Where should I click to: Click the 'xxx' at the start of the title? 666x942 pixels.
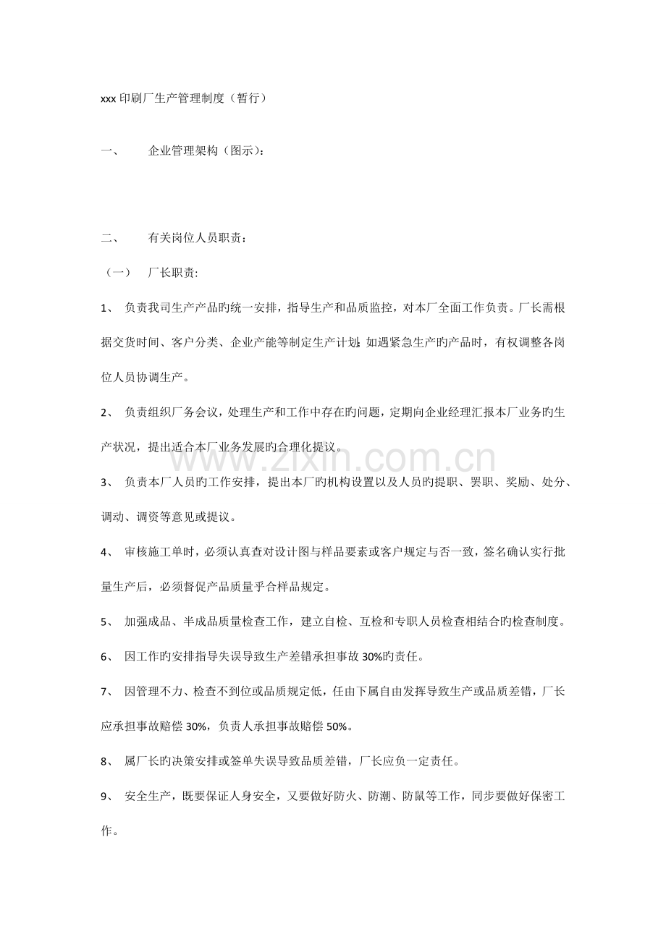[x=108, y=99]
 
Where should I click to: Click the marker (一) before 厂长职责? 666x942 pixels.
[x=116, y=273]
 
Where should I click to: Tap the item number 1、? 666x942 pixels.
[x=107, y=307]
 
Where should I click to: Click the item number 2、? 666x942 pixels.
[x=107, y=412]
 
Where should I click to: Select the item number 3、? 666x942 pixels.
[x=107, y=483]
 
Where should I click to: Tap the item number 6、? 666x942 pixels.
[x=107, y=657]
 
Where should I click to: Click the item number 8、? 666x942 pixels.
[x=107, y=762]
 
